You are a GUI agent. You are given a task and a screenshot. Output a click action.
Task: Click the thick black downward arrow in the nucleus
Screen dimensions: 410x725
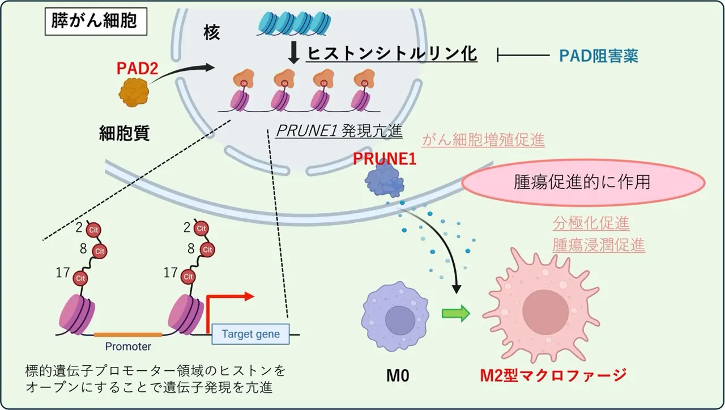click(293, 53)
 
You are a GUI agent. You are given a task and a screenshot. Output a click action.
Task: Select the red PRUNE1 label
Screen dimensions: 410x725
click(385, 159)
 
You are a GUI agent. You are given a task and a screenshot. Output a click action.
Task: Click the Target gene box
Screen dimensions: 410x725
click(250, 334)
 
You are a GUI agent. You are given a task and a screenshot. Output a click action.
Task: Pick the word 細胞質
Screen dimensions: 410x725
click(125, 133)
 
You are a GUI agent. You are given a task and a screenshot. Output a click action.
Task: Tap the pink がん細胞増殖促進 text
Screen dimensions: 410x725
click(483, 140)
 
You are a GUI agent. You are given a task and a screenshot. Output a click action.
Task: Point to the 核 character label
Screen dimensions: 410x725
click(211, 33)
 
